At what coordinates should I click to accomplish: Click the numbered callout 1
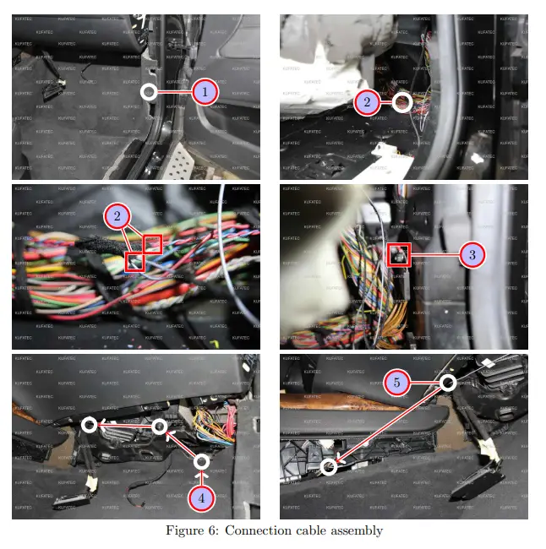click(x=205, y=91)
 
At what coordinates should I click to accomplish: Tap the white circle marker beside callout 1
click(x=149, y=91)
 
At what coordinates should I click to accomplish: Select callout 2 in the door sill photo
click(x=366, y=103)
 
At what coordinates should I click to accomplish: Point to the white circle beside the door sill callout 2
click(x=403, y=103)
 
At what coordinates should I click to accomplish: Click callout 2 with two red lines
click(x=117, y=217)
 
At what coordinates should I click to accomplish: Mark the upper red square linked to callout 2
click(x=152, y=244)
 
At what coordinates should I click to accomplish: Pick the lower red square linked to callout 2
click(x=134, y=262)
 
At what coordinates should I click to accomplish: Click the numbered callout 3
click(x=472, y=253)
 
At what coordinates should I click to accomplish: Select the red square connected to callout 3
click(x=400, y=254)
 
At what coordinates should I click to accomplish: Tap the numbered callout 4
click(x=201, y=497)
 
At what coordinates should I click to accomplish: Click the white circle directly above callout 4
click(x=201, y=461)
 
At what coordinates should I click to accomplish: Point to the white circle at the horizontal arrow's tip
click(x=90, y=426)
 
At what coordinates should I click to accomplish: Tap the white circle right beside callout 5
click(x=448, y=383)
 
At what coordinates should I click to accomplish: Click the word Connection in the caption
click(x=254, y=530)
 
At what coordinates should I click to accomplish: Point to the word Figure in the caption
click(x=184, y=531)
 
